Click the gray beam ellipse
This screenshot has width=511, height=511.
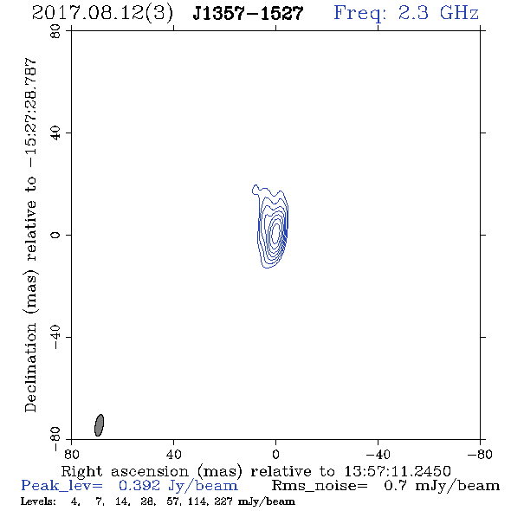[x=99, y=425]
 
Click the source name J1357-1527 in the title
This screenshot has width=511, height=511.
[x=248, y=13]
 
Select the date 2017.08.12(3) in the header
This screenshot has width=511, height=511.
[x=102, y=14]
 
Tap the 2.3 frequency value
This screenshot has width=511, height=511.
[x=413, y=13]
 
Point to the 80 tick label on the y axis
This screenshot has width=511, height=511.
[x=55, y=31]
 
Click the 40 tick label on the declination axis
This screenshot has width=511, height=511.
[x=55, y=133]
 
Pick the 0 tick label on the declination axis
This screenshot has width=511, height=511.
[x=55, y=235]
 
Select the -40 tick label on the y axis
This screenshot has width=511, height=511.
[x=55, y=337]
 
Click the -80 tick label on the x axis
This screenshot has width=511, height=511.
[x=480, y=454]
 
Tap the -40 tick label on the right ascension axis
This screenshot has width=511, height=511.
[x=378, y=454]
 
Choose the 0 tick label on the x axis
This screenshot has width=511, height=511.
[x=275, y=454]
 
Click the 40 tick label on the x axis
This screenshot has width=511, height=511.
[x=174, y=454]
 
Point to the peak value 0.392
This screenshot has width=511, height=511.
[x=139, y=486]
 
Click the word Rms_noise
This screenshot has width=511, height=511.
[x=320, y=486]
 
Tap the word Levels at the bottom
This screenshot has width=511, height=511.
[x=38, y=501]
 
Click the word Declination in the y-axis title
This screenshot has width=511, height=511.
[x=30, y=368]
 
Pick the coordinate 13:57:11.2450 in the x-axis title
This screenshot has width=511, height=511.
[x=398, y=471]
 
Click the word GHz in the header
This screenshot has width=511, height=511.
[x=459, y=13]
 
